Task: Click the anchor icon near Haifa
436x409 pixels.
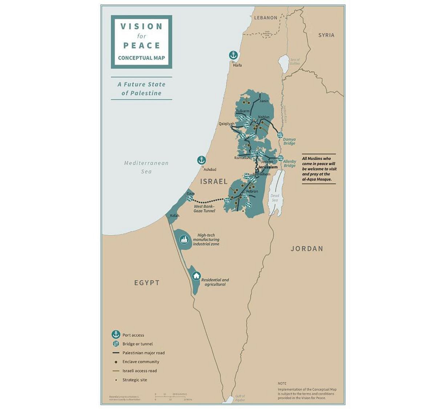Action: tap(233, 55)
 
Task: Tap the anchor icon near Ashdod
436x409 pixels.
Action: tap(201, 160)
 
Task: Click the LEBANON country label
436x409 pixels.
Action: tap(266, 17)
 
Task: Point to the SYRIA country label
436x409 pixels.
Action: tap(326, 35)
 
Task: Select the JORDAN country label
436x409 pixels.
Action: tap(307, 249)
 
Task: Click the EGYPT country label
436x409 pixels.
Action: tap(147, 283)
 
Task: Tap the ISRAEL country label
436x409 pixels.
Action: tap(214, 181)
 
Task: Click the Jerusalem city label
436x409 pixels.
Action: tap(268, 167)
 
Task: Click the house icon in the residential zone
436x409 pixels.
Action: tap(196, 276)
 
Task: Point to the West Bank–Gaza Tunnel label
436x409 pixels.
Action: tap(205, 209)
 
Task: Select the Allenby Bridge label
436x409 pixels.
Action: tap(290, 163)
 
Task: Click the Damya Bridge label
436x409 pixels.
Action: tap(289, 141)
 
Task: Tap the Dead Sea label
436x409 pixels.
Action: tap(275, 198)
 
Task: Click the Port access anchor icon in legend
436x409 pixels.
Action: tap(116, 335)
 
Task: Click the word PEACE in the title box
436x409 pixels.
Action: tap(142, 45)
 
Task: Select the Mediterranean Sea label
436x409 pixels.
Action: tap(146, 167)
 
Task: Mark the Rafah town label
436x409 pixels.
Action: tap(174, 216)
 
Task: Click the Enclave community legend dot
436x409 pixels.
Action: tap(116, 362)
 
